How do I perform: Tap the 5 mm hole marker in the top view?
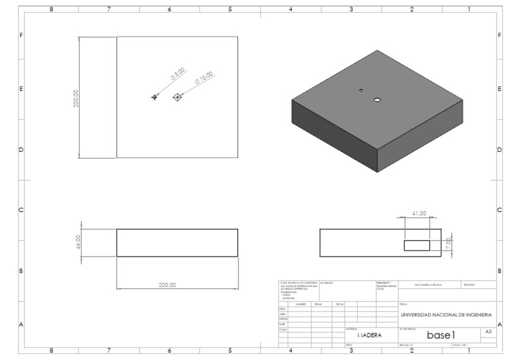155,97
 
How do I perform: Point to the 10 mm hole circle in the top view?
177,97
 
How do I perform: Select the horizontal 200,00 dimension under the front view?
167,285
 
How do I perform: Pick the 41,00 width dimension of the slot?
418,213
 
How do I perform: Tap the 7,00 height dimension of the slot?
448,244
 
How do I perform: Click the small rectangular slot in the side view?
417,245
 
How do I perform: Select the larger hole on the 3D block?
376,99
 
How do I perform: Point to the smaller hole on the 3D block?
361,90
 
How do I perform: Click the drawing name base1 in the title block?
440,335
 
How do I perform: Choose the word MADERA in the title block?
369,335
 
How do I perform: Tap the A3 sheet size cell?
488,331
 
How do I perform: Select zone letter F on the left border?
22,35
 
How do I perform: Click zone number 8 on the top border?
52,10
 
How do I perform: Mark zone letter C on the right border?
498,210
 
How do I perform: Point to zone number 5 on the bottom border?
230,351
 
